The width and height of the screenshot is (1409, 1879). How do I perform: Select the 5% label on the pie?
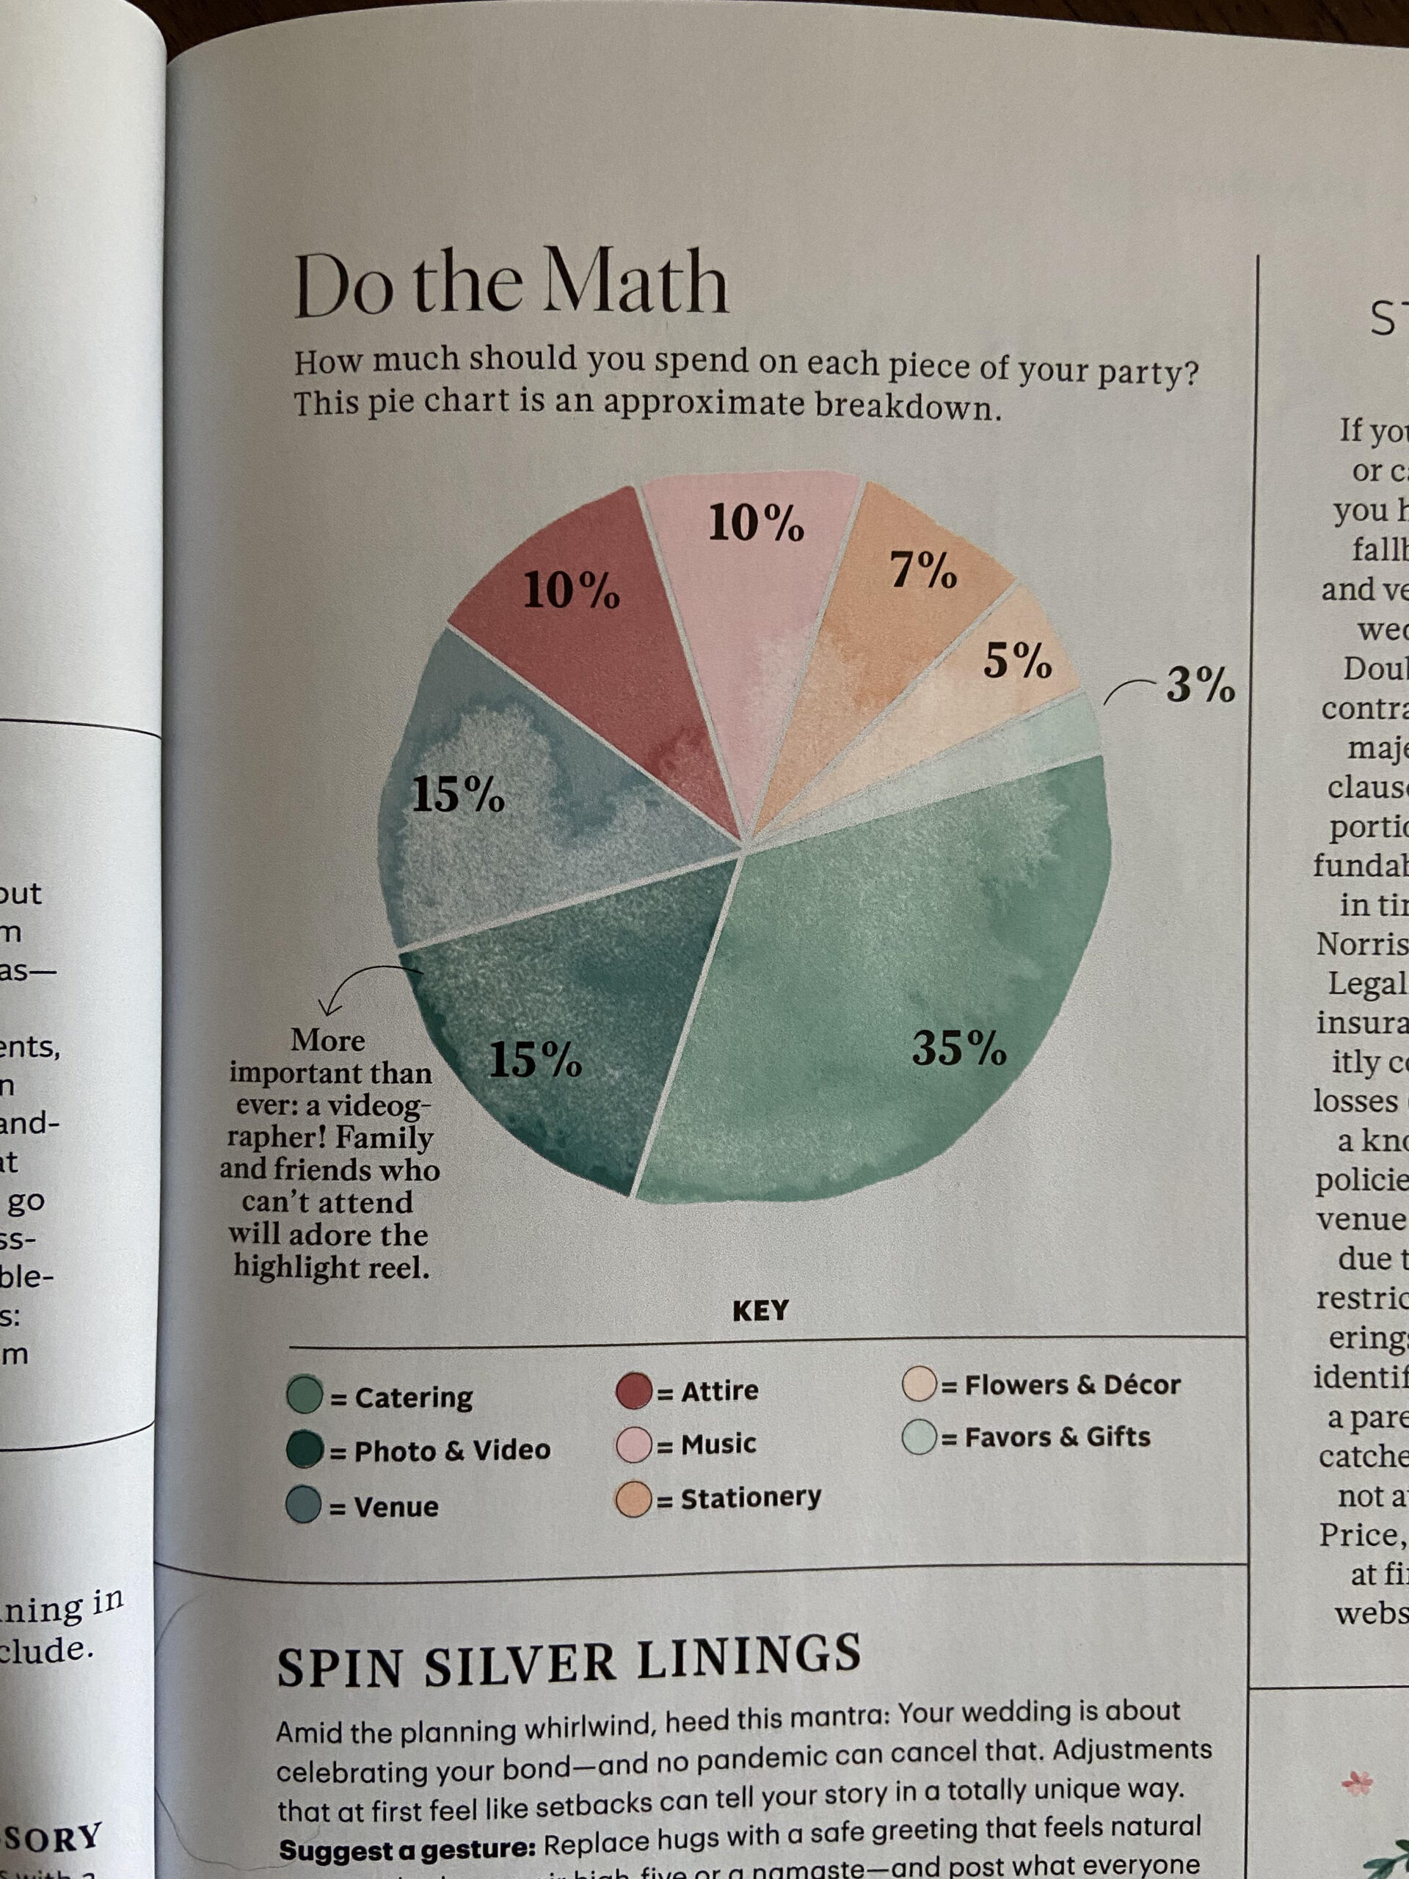tap(1017, 660)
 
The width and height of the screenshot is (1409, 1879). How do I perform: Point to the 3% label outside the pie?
tap(1199, 684)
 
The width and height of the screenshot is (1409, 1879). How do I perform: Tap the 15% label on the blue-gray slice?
tap(458, 795)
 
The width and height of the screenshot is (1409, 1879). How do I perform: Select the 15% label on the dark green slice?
tap(535, 1059)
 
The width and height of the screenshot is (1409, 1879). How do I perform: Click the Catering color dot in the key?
tap(305, 1394)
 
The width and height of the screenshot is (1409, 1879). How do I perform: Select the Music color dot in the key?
tap(633, 1444)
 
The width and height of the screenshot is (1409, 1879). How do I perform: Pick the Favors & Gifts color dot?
tap(919, 1437)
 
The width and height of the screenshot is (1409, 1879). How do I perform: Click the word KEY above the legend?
tap(760, 1310)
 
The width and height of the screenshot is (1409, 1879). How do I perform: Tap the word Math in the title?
tap(636, 281)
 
